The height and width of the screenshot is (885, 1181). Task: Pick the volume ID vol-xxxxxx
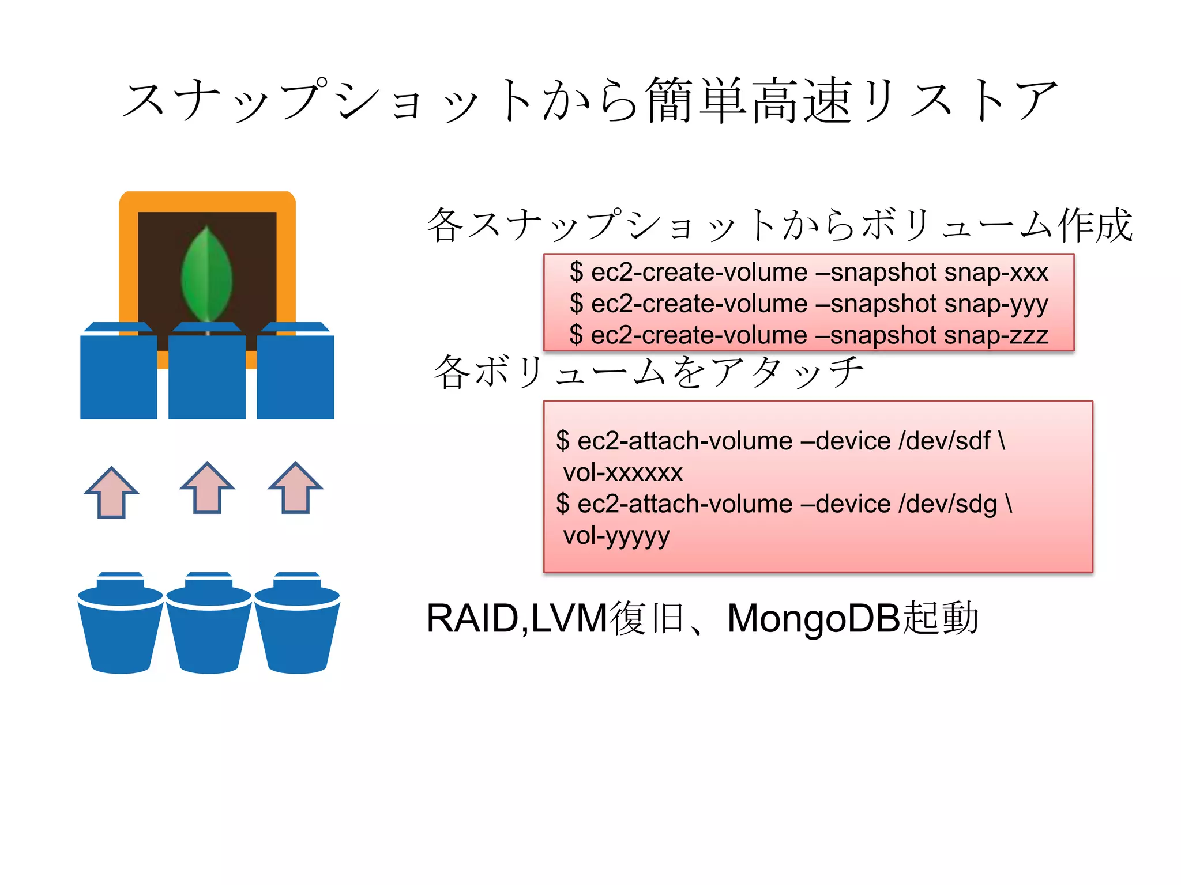coord(623,473)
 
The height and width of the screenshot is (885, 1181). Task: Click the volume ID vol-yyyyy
coord(616,536)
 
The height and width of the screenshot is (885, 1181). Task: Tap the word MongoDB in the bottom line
coord(814,619)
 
